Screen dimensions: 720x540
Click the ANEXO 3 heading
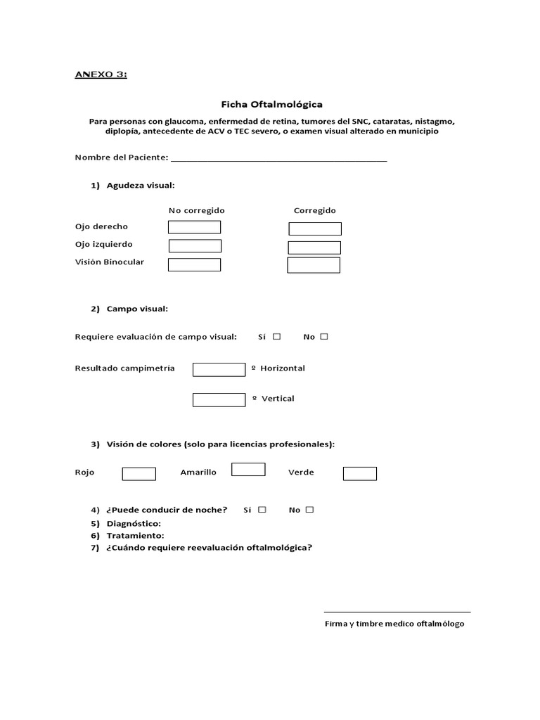tap(101, 75)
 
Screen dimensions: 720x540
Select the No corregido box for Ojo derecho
tap(194, 227)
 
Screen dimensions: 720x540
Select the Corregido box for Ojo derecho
tap(315, 229)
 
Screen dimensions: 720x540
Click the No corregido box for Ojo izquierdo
tap(195, 245)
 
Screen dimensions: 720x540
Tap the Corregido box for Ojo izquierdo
tap(314, 247)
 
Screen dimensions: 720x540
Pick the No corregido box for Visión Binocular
tap(194, 264)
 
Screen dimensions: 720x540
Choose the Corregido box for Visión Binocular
tap(314, 265)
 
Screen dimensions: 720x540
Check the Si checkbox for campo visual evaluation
tap(277, 337)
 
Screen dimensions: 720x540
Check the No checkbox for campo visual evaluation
tap(324, 337)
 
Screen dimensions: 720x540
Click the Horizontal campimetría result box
tap(219, 370)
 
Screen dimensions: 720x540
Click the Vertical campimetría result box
tap(219, 399)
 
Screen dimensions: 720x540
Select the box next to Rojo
tap(139, 474)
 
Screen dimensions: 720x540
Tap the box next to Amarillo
tap(248, 470)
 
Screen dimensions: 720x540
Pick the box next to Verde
tap(359, 474)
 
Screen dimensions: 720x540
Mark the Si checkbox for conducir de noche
tap(262, 510)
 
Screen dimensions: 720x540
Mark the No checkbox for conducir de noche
tap(309, 510)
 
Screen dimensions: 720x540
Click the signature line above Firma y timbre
tap(397, 612)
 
